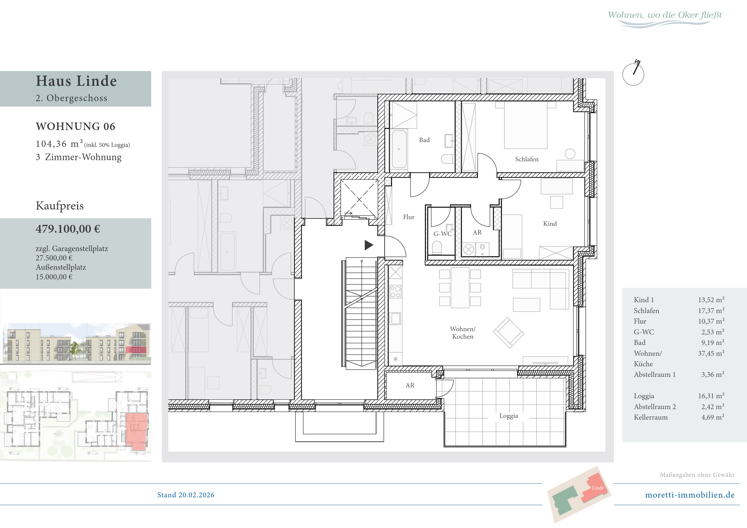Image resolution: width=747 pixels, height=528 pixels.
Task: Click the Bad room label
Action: coord(424,140)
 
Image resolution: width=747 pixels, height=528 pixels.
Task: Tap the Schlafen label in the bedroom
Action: coord(527,159)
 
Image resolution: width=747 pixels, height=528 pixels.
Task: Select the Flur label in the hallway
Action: coord(409,217)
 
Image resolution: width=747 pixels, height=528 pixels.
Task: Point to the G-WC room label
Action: coord(442,234)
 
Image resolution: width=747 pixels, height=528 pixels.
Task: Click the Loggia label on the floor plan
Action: coord(508,416)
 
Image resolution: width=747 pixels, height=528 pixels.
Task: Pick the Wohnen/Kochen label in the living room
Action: coord(463,333)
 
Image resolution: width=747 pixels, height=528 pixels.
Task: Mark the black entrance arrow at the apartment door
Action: coord(369,245)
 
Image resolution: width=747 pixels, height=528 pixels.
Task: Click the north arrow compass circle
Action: coord(633,75)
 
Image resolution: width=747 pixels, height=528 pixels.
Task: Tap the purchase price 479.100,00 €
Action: coord(68,229)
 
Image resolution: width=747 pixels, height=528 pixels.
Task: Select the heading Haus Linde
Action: coord(76,81)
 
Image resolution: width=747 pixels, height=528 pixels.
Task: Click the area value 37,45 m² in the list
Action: coord(711,353)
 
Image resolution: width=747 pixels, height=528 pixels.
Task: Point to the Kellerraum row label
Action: coord(650,417)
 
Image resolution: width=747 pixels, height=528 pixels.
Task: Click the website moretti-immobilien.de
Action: coord(690,495)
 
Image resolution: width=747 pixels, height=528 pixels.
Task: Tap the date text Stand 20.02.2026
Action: coord(186,495)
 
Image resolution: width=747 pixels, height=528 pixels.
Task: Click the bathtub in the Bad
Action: coord(399,149)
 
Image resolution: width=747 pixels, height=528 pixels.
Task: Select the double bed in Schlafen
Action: coord(525,125)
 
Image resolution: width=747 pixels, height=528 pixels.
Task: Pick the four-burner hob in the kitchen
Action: coord(395,292)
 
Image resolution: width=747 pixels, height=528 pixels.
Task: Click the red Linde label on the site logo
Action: coord(598,488)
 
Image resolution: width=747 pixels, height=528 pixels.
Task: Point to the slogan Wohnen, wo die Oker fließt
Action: coord(665,15)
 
